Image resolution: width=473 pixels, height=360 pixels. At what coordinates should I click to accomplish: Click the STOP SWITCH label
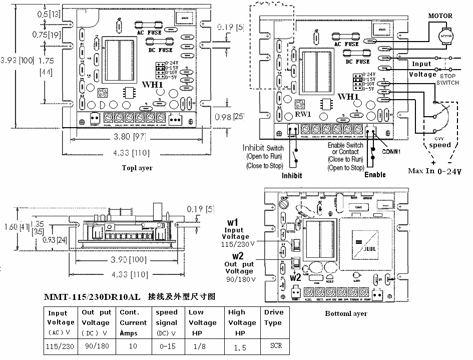[x=447, y=78]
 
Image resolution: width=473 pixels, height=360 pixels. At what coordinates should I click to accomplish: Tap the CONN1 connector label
[x=393, y=150]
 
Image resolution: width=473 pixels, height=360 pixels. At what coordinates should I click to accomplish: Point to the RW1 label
[x=303, y=114]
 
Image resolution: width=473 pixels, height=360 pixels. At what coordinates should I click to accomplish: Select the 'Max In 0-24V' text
[x=434, y=171]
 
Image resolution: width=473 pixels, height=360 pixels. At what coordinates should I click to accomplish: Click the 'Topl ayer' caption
[x=137, y=168]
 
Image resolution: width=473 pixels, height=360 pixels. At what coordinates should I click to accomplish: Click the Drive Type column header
[x=274, y=317]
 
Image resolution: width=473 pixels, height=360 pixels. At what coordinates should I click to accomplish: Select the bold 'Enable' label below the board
[x=375, y=175]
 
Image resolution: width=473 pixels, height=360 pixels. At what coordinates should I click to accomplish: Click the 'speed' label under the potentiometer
[x=439, y=145]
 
